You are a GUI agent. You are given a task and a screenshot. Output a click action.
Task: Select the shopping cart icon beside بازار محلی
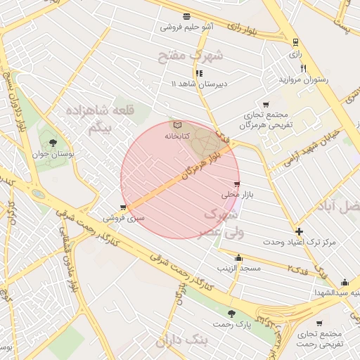[x=236, y=184]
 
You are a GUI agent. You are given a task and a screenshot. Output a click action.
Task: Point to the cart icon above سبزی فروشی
[x=124, y=207]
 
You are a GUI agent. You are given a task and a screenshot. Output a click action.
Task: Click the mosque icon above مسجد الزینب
[x=239, y=257]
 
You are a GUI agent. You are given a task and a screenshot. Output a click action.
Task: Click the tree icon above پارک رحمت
[x=231, y=313]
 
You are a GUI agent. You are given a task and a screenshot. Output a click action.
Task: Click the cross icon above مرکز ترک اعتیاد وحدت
[x=300, y=231]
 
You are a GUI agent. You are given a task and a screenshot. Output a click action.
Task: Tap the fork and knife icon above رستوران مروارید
[x=304, y=68]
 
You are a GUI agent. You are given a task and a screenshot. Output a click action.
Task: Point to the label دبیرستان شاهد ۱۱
[x=199, y=84]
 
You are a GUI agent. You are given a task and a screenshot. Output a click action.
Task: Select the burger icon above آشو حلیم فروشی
[x=186, y=17]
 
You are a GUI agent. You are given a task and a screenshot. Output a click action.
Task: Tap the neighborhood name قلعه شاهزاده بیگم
[x=101, y=119]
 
